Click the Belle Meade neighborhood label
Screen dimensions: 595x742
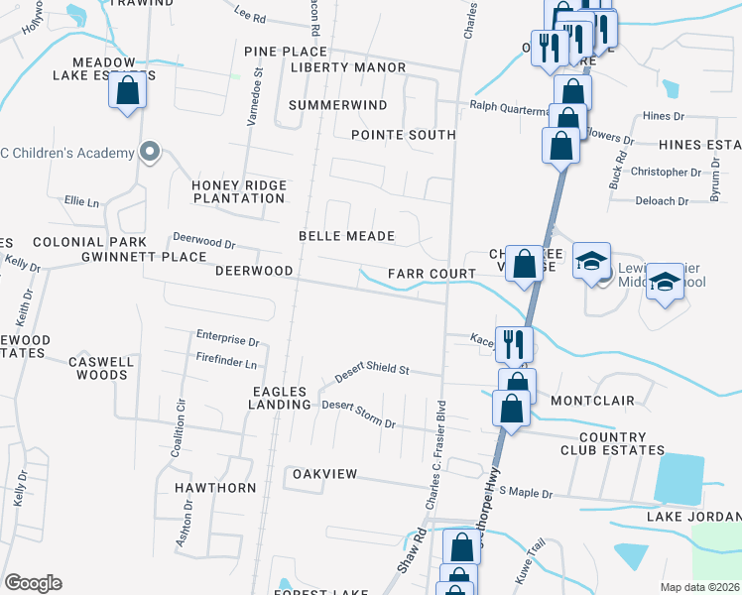click(347, 236)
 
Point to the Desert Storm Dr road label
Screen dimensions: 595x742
click(358, 415)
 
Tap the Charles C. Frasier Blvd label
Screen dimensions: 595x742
click(436, 456)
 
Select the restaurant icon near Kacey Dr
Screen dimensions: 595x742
click(513, 344)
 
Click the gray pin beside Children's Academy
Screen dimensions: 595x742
click(150, 152)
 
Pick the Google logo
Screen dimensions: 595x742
click(33, 583)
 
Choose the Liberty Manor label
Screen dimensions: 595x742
click(348, 67)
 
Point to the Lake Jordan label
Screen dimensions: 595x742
click(693, 517)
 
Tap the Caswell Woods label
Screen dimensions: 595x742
click(100, 368)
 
